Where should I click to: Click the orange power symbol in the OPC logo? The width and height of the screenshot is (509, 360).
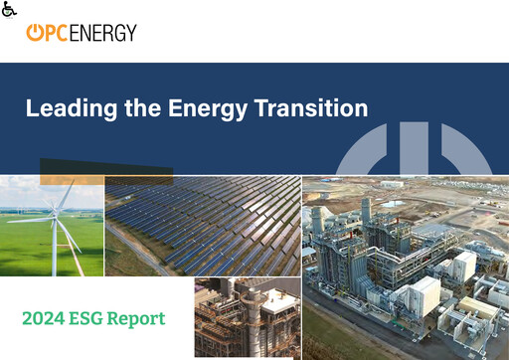[x=35, y=33]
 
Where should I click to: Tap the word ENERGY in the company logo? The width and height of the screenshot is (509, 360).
[x=102, y=33]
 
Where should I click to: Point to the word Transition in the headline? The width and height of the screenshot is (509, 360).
[x=314, y=108]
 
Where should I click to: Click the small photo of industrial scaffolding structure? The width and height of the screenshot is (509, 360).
[x=247, y=317]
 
